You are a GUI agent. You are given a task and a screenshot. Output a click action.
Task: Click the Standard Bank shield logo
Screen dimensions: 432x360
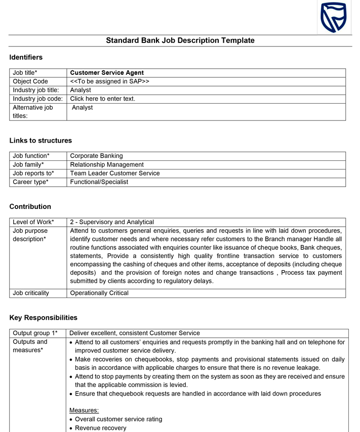tap(333, 17)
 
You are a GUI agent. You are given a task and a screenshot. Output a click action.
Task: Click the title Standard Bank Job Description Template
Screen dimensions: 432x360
tap(180, 40)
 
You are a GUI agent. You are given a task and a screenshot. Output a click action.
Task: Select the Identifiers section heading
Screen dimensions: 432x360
tap(26, 57)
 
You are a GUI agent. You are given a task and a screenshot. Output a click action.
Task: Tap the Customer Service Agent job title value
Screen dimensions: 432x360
tap(107, 73)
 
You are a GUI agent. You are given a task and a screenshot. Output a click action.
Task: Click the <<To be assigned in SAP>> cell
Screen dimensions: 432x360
tap(109, 81)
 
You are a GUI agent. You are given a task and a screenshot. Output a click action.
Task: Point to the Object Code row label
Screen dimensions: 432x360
tap(30, 81)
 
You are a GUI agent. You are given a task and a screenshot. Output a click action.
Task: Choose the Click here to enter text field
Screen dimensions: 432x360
tap(103, 99)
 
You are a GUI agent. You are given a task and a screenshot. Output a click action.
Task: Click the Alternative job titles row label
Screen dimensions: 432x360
tap(33, 111)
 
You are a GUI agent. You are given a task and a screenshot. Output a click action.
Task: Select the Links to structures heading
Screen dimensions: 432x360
tap(41, 141)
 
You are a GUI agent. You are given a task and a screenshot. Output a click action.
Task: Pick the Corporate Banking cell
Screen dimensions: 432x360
tap(96, 156)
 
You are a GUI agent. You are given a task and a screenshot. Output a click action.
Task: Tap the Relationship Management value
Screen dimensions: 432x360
tap(107, 164)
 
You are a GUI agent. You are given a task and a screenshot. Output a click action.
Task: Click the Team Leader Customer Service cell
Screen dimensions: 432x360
tap(115, 173)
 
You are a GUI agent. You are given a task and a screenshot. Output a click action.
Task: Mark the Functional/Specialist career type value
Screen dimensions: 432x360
tap(99, 182)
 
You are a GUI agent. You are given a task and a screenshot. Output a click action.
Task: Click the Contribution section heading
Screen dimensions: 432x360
tap(30, 206)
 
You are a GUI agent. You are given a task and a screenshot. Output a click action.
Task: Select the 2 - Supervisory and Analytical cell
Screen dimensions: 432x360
tap(112, 222)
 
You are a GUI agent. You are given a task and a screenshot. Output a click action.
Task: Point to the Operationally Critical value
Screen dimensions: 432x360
tap(99, 293)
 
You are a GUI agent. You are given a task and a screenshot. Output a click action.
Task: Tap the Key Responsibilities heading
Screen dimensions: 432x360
tap(43, 318)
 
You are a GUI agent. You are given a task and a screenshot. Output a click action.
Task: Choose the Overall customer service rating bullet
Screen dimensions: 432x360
tap(118, 419)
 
